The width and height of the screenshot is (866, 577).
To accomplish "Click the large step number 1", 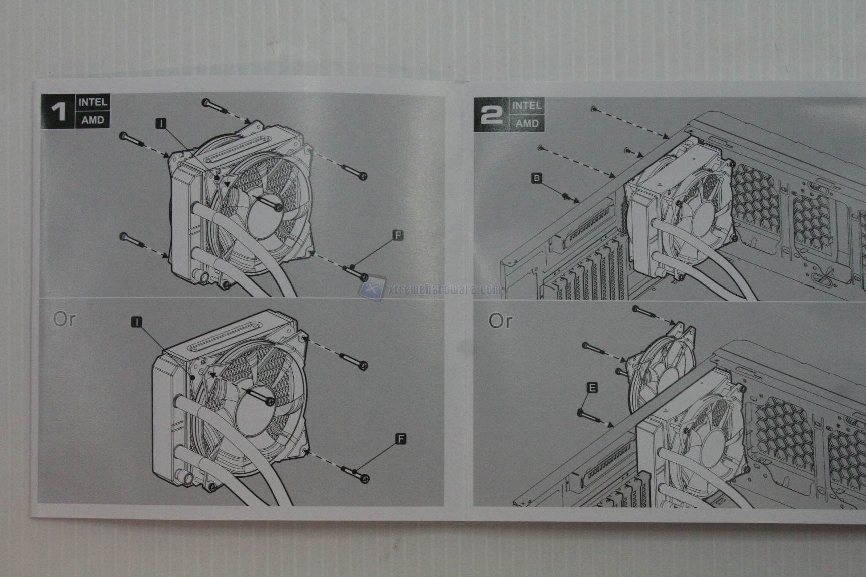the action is (60, 111).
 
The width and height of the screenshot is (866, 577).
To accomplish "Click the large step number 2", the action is (492, 115).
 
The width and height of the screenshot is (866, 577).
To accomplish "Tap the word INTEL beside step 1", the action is (93, 102).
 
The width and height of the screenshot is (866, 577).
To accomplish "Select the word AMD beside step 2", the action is (527, 123).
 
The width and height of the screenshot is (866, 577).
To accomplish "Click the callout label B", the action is (537, 178).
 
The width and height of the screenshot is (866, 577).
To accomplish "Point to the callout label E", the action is (592, 387).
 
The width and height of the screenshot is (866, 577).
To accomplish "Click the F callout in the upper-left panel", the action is (398, 235).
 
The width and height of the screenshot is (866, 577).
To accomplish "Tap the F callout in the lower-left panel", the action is (401, 439).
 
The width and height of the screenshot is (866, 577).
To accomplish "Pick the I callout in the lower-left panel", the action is (136, 322).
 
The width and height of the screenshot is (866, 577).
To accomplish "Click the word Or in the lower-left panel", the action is (64, 319).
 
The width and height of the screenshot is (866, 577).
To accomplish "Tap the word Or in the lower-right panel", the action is (500, 321).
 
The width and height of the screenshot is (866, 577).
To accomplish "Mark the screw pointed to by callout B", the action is (564, 196).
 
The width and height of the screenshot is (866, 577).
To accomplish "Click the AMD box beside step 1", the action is (92, 120).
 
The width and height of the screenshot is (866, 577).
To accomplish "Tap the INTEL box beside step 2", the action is (527, 106).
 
